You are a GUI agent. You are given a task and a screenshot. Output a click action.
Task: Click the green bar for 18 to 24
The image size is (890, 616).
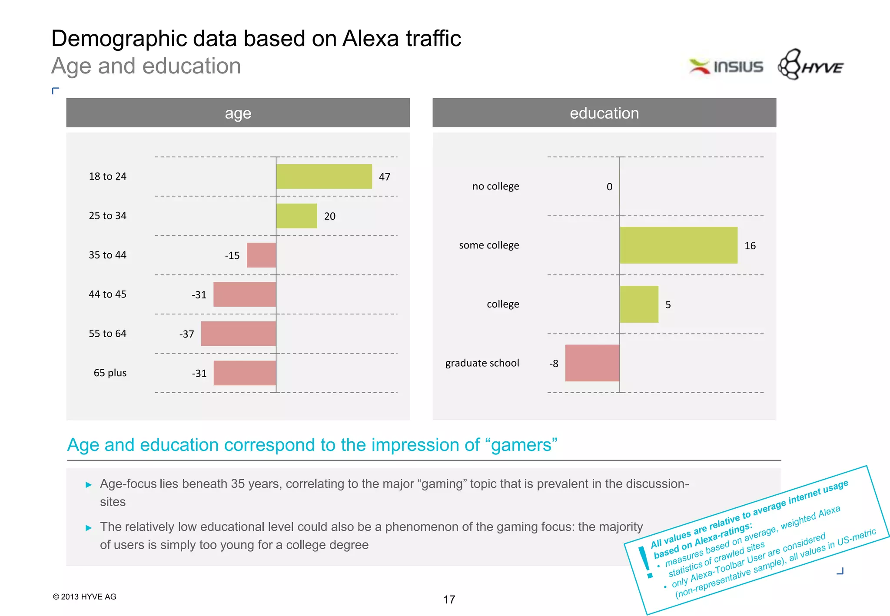(324, 176)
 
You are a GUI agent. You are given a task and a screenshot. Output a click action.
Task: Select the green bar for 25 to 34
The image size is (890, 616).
(296, 216)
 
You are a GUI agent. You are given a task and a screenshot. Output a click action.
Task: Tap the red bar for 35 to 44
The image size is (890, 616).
(261, 255)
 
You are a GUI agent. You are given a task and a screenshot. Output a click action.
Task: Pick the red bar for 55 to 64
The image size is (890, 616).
(238, 334)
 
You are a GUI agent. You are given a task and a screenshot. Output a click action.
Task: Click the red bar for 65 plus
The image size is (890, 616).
(245, 373)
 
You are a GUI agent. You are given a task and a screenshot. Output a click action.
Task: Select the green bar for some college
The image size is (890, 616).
(678, 245)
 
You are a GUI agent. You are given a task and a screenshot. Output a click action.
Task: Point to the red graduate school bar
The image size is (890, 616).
(592, 363)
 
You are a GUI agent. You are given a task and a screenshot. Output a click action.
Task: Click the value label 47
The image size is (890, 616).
(385, 177)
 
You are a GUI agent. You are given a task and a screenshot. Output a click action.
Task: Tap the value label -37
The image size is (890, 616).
(187, 334)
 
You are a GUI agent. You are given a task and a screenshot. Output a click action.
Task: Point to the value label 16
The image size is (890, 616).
(750, 246)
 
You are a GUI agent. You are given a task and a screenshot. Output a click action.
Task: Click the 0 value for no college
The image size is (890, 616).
(609, 187)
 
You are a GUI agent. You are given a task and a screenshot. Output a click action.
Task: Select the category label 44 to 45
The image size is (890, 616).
(107, 295)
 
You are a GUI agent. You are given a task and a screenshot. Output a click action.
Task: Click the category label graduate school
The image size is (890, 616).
(482, 363)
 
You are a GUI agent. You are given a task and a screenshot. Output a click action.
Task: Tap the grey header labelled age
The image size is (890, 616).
(238, 113)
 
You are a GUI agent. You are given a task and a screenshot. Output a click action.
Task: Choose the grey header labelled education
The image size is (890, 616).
(604, 113)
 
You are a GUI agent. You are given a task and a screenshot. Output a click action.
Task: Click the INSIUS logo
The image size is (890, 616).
(726, 66)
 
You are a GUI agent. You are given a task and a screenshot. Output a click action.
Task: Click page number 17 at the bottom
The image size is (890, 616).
(449, 600)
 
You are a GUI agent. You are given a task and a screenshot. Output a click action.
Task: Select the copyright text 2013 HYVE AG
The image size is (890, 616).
(85, 597)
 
